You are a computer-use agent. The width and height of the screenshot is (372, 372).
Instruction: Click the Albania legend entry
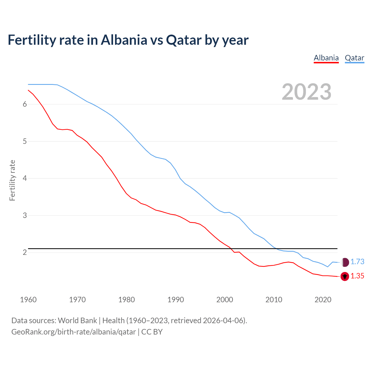point(326,58)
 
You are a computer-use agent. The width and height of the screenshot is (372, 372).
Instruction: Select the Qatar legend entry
point(354,58)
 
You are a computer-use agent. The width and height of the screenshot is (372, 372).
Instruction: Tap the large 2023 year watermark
point(307,92)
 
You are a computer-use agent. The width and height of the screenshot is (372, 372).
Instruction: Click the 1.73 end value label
point(357,262)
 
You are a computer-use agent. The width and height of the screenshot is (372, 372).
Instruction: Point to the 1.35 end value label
point(357,276)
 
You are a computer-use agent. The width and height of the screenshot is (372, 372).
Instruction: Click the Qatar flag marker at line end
point(345,262)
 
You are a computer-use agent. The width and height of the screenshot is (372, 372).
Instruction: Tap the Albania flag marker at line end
point(345,276)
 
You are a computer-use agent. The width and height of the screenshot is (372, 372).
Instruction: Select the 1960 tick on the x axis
point(28,300)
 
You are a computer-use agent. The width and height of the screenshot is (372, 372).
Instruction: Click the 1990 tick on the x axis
point(176,300)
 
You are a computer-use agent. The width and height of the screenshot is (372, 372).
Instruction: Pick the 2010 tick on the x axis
point(274,300)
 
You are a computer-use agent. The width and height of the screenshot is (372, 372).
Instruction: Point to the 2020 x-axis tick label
point(323,300)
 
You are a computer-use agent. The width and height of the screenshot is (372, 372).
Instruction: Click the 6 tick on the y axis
point(25,104)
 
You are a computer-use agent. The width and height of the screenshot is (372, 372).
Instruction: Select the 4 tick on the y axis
point(25,178)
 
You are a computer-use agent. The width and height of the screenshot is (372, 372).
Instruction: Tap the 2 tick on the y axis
point(25,252)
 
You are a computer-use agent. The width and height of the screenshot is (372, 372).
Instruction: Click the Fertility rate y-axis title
point(12,180)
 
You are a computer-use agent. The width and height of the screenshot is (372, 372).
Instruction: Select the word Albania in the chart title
point(124,40)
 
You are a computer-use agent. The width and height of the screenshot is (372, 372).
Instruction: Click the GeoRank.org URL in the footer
point(74,332)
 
